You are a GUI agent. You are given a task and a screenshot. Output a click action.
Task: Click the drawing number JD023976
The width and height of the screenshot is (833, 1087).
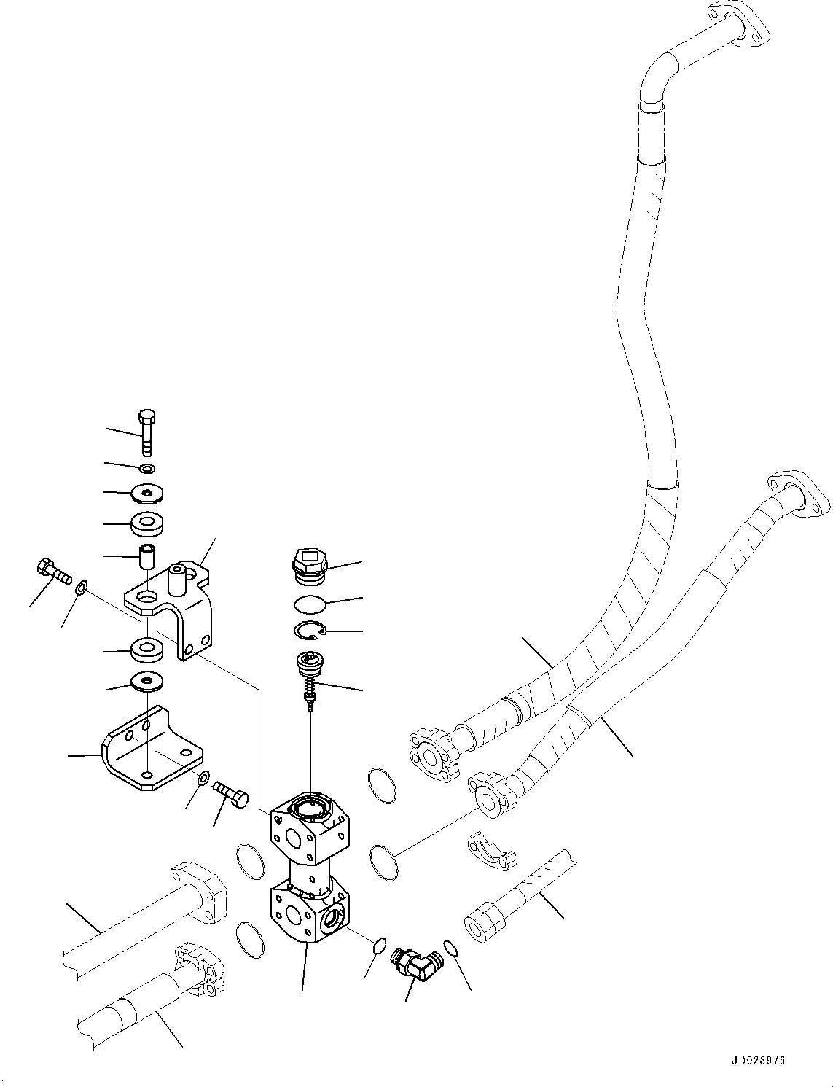[756, 1061]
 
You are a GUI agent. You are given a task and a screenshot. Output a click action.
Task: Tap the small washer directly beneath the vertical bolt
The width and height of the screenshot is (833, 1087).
[146, 467]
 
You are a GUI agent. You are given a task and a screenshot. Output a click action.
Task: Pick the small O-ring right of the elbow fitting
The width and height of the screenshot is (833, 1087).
[451, 948]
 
